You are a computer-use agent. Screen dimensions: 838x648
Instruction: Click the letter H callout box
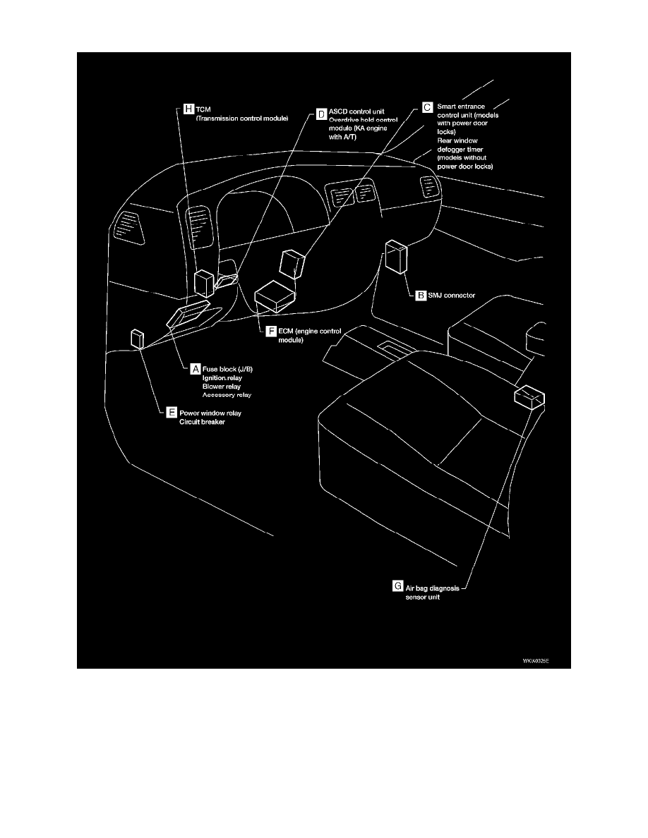click(188, 109)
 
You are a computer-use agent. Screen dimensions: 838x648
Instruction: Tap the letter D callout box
click(321, 113)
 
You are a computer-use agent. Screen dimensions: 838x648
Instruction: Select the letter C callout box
click(426, 107)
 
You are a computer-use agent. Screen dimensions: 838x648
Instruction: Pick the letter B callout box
click(420, 296)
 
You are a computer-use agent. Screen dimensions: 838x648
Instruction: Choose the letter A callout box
click(195, 368)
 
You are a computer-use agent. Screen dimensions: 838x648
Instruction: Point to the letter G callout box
click(398, 585)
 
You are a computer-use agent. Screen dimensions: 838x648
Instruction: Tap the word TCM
click(204, 109)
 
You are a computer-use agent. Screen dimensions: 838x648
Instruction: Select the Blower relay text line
click(221, 387)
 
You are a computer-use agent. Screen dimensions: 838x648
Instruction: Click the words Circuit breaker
click(202, 423)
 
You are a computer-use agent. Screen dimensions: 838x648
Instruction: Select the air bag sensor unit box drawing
click(530, 397)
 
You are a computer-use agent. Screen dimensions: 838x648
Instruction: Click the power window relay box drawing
click(137, 339)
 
